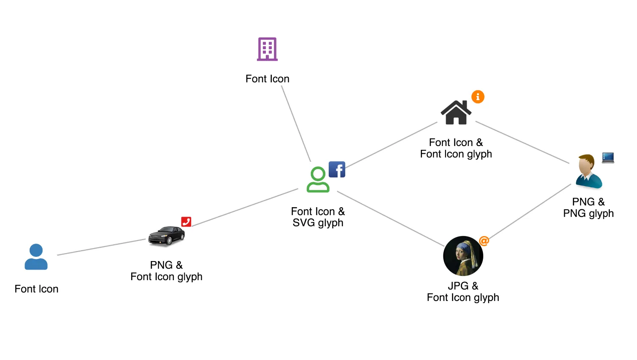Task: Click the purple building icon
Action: tap(267, 49)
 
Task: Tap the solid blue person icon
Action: tap(36, 256)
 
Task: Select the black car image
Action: tap(166, 236)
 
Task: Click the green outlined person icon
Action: tap(318, 180)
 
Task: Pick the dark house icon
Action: tap(456, 112)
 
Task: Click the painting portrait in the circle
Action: tap(463, 256)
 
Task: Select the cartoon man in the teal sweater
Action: tap(588, 172)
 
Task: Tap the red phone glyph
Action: tap(186, 222)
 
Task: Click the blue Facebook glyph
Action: tap(337, 169)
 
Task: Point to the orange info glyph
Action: tap(478, 97)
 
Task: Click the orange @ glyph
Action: tap(484, 241)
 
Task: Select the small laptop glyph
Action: tap(608, 158)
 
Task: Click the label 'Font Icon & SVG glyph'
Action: tap(318, 217)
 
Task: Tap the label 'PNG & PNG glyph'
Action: tap(588, 207)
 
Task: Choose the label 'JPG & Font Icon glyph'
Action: tap(463, 292)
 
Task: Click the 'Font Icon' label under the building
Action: tap(267, 79)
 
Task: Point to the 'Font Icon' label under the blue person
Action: tap(37, 289)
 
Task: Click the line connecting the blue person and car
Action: tap(101, 247)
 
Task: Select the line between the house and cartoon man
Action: tap(522, 143)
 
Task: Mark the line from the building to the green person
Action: tap(296, 124)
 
